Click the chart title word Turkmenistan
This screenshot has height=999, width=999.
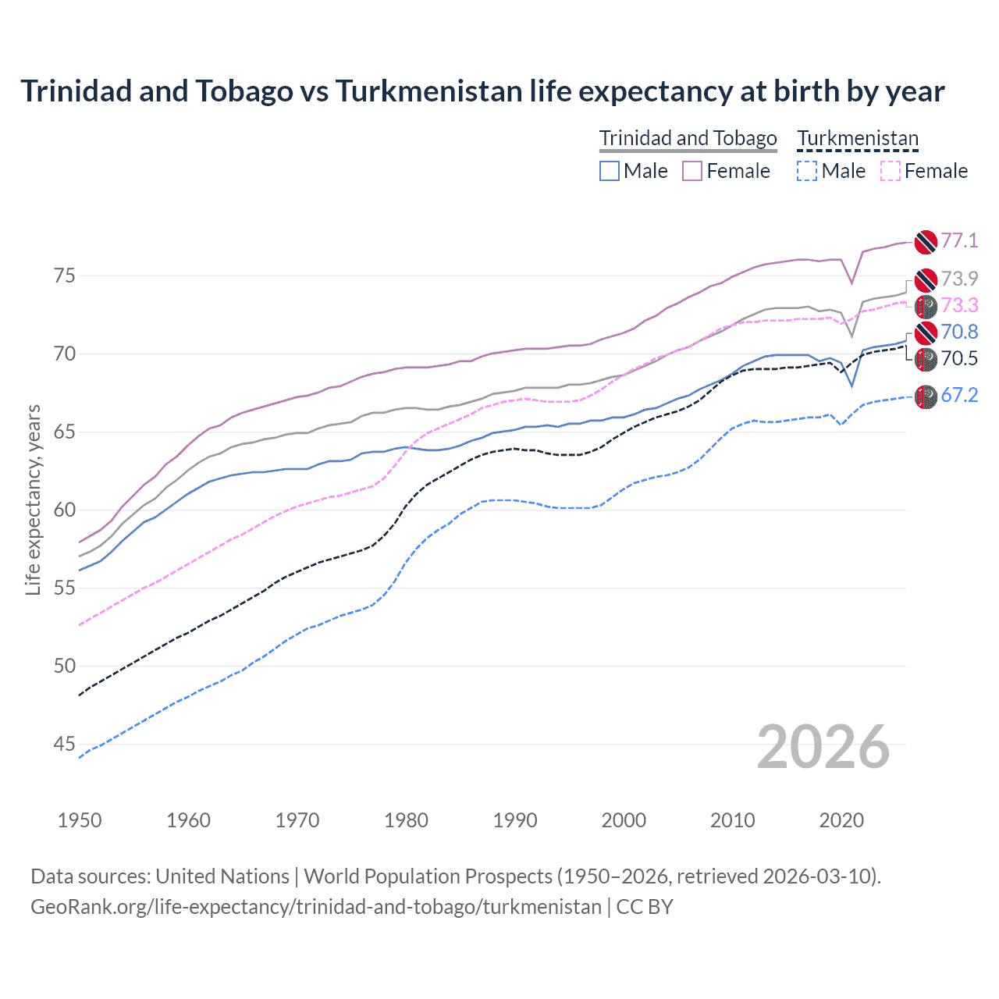428,91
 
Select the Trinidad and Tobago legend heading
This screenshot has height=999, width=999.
688,138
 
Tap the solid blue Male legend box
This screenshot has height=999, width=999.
610,171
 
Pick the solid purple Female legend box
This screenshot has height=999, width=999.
692,171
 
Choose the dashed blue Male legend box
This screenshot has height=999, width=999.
807,171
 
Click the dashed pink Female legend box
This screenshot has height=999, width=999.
890,171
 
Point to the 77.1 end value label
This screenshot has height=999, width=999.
959,240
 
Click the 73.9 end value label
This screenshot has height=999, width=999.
959,279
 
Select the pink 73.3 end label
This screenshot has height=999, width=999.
959,305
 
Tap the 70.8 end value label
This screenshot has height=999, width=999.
959,332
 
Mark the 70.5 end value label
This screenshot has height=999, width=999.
959,358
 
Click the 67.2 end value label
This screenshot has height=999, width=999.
959,395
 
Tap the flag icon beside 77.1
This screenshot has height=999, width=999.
926,242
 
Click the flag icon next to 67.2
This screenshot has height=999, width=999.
926,396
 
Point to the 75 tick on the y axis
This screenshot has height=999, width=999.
64,276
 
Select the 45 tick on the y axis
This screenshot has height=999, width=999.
64,744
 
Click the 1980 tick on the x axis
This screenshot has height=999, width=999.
406,820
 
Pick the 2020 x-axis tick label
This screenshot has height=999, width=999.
841,820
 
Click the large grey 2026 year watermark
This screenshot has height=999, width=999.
823,747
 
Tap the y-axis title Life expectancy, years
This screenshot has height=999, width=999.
33,499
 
